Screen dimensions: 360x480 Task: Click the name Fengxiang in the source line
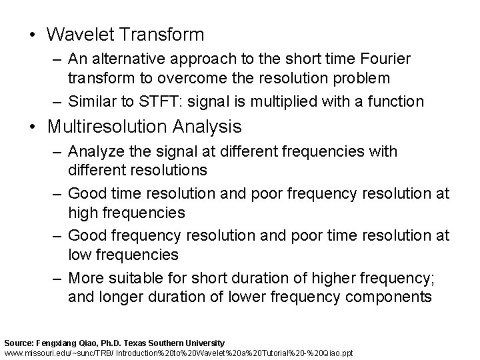tap(55, 342)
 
